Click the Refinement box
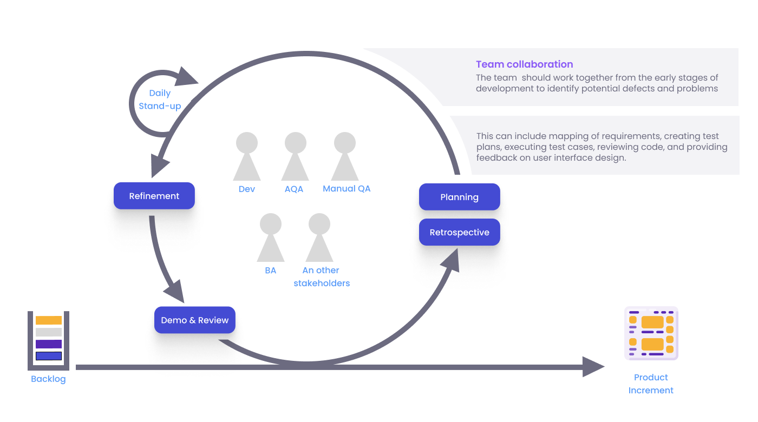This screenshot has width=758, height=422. click(154, 196)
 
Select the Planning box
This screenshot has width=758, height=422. click(459, 197)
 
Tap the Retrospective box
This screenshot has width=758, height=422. click(459, 232)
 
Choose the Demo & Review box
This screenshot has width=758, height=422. click(194, 320)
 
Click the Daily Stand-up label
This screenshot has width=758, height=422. click(160, 100)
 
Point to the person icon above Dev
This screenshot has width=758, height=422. click(247, 157)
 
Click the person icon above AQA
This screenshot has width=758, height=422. click(295, 157)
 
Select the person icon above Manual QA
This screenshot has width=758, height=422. click(345, 157)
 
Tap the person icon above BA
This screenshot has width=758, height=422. click(271, 238)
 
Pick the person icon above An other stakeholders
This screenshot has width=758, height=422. click(319, 238)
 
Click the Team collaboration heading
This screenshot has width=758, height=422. click(524, 64)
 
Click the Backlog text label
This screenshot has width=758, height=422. click(48, 379)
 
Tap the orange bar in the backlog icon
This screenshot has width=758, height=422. click(49, 320)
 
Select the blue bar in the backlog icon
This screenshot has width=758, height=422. click(49, 356)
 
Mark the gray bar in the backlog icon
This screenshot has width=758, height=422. click(49, 332)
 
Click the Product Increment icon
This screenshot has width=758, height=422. click(651, 333)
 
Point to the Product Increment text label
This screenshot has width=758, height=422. click(651, 384)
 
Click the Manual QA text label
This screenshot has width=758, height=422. click(347, 189)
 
